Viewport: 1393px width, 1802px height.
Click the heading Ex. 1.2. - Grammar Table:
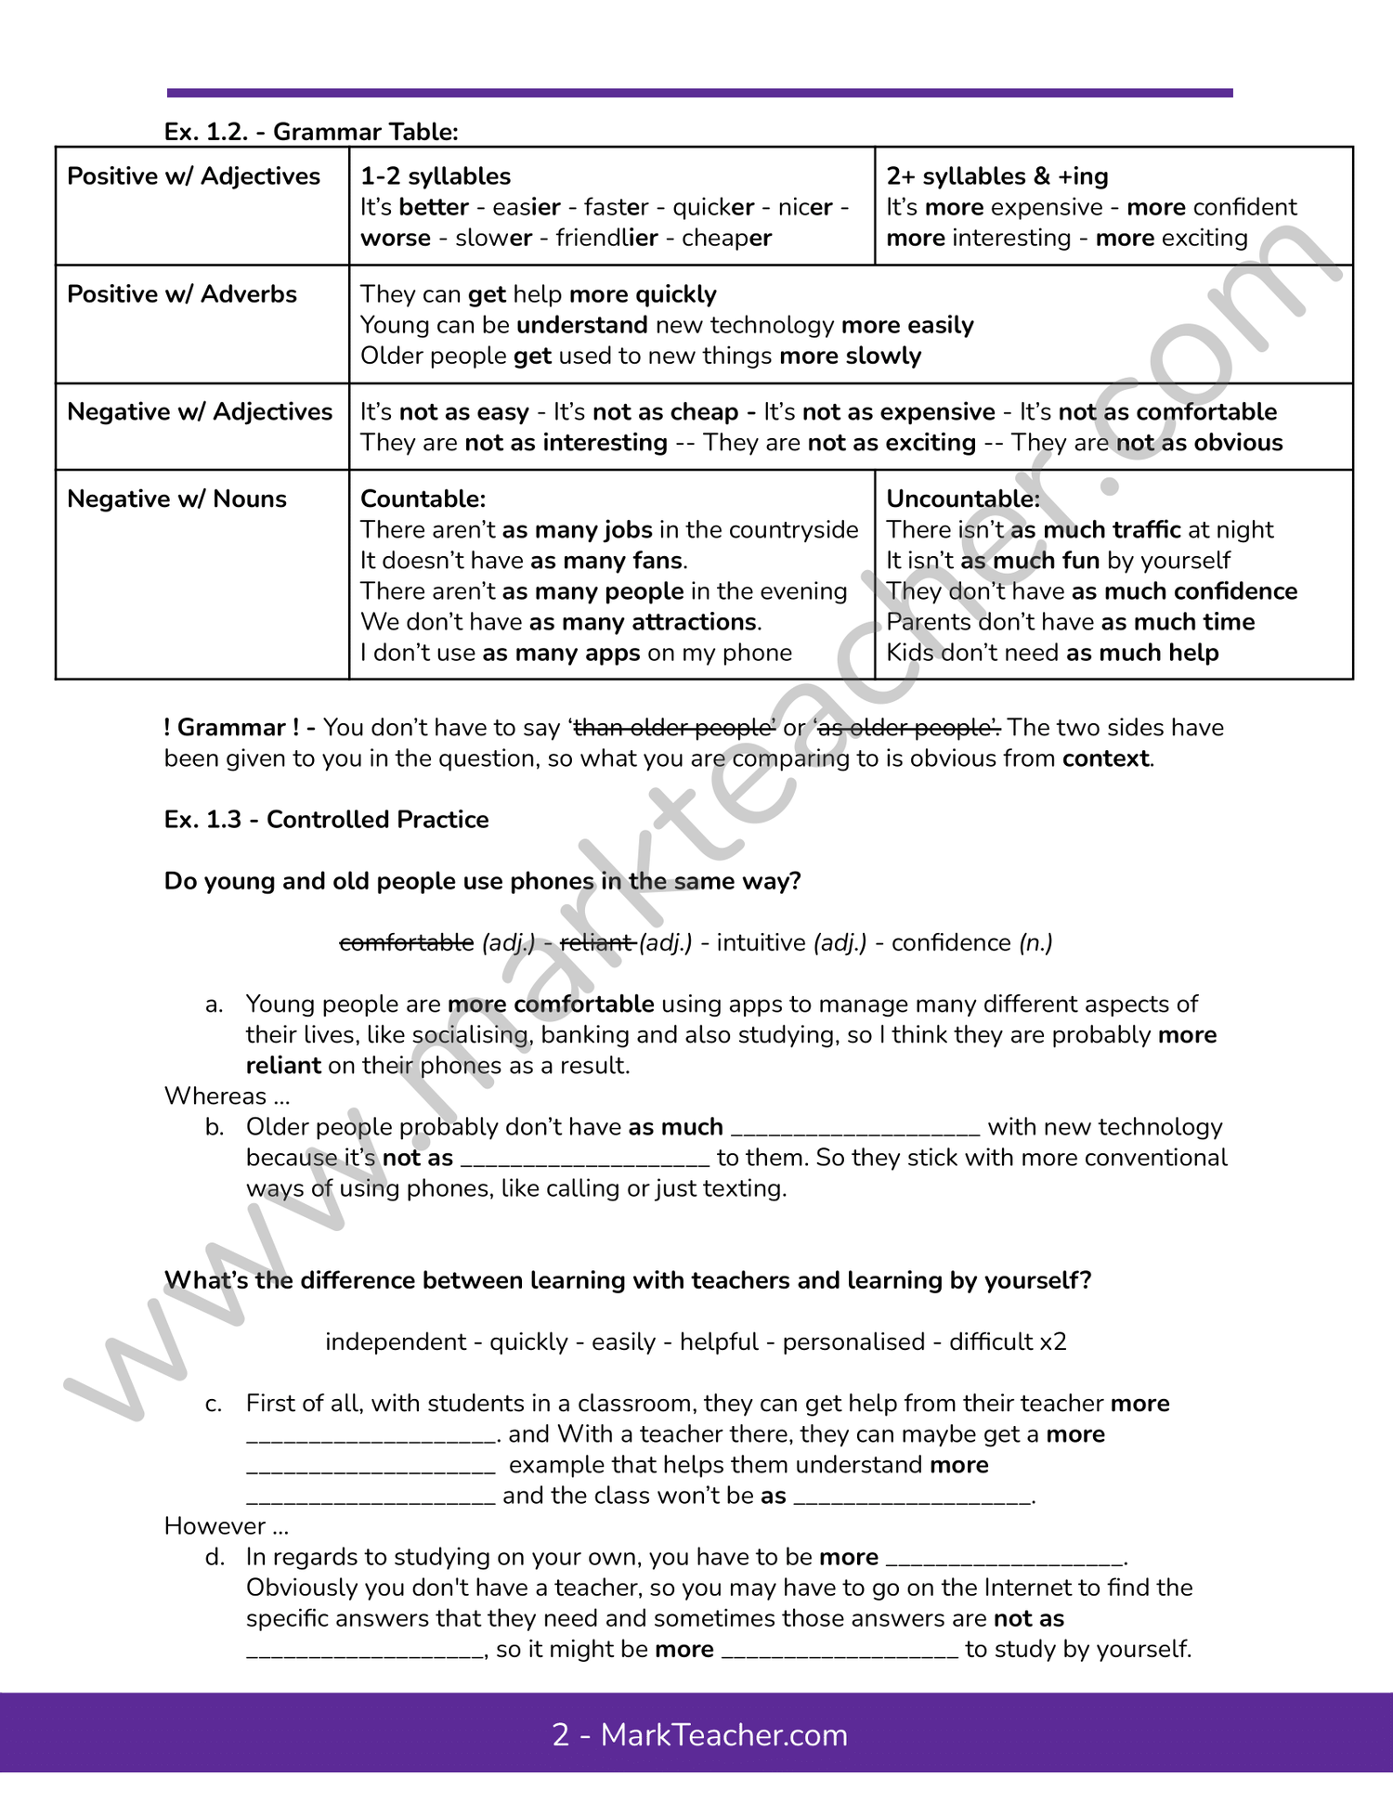point(311,132)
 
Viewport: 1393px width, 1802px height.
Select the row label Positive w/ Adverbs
point(182,294)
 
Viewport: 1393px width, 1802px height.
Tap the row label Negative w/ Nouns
point(176,499)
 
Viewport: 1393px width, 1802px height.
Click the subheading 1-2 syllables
point(436,176)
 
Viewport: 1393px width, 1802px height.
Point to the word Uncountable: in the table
point(963,499)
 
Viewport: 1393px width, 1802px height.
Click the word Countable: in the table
point(423,499)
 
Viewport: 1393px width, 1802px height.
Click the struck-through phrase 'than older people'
point(674,728)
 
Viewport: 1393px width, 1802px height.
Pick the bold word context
point(1105,758)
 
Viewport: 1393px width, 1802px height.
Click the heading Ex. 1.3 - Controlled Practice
point(326,820)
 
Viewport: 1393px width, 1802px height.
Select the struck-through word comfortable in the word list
point(407,943)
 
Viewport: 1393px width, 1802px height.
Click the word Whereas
point(215,1096)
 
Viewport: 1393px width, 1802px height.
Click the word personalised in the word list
point(853,1342)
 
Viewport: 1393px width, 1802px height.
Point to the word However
point(215,1526)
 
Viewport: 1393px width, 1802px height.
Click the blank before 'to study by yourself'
point(840,1651)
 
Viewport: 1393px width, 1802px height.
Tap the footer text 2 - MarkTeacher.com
point(699,1735)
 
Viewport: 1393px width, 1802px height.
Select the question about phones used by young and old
point(482,881)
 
